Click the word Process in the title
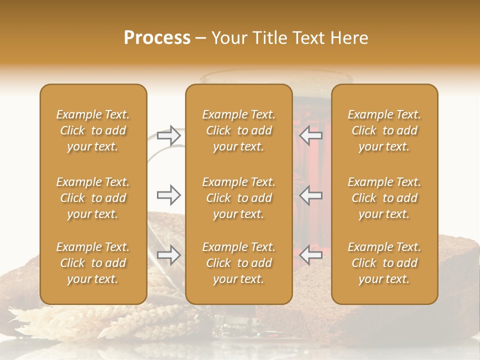(x=157, y=38)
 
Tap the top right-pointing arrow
(x=168, y=135)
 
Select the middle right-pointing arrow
(x=168, y=195)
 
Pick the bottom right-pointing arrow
(x=168, y=255)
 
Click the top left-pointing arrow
(x=310, y=135)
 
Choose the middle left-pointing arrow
(x=310, y=195)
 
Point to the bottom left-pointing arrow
(x=310, y=255)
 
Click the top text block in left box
(x=93, y=130)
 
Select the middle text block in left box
(x=93, y=198)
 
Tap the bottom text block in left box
(x=93, y=263)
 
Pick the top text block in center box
(x=238, y=130)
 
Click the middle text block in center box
(x=238, y=198)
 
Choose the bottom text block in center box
(x=238, y=263)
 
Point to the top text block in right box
(x=384, y=130)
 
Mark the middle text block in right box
(x=384, y=198)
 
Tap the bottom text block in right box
(x=384, y=263)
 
